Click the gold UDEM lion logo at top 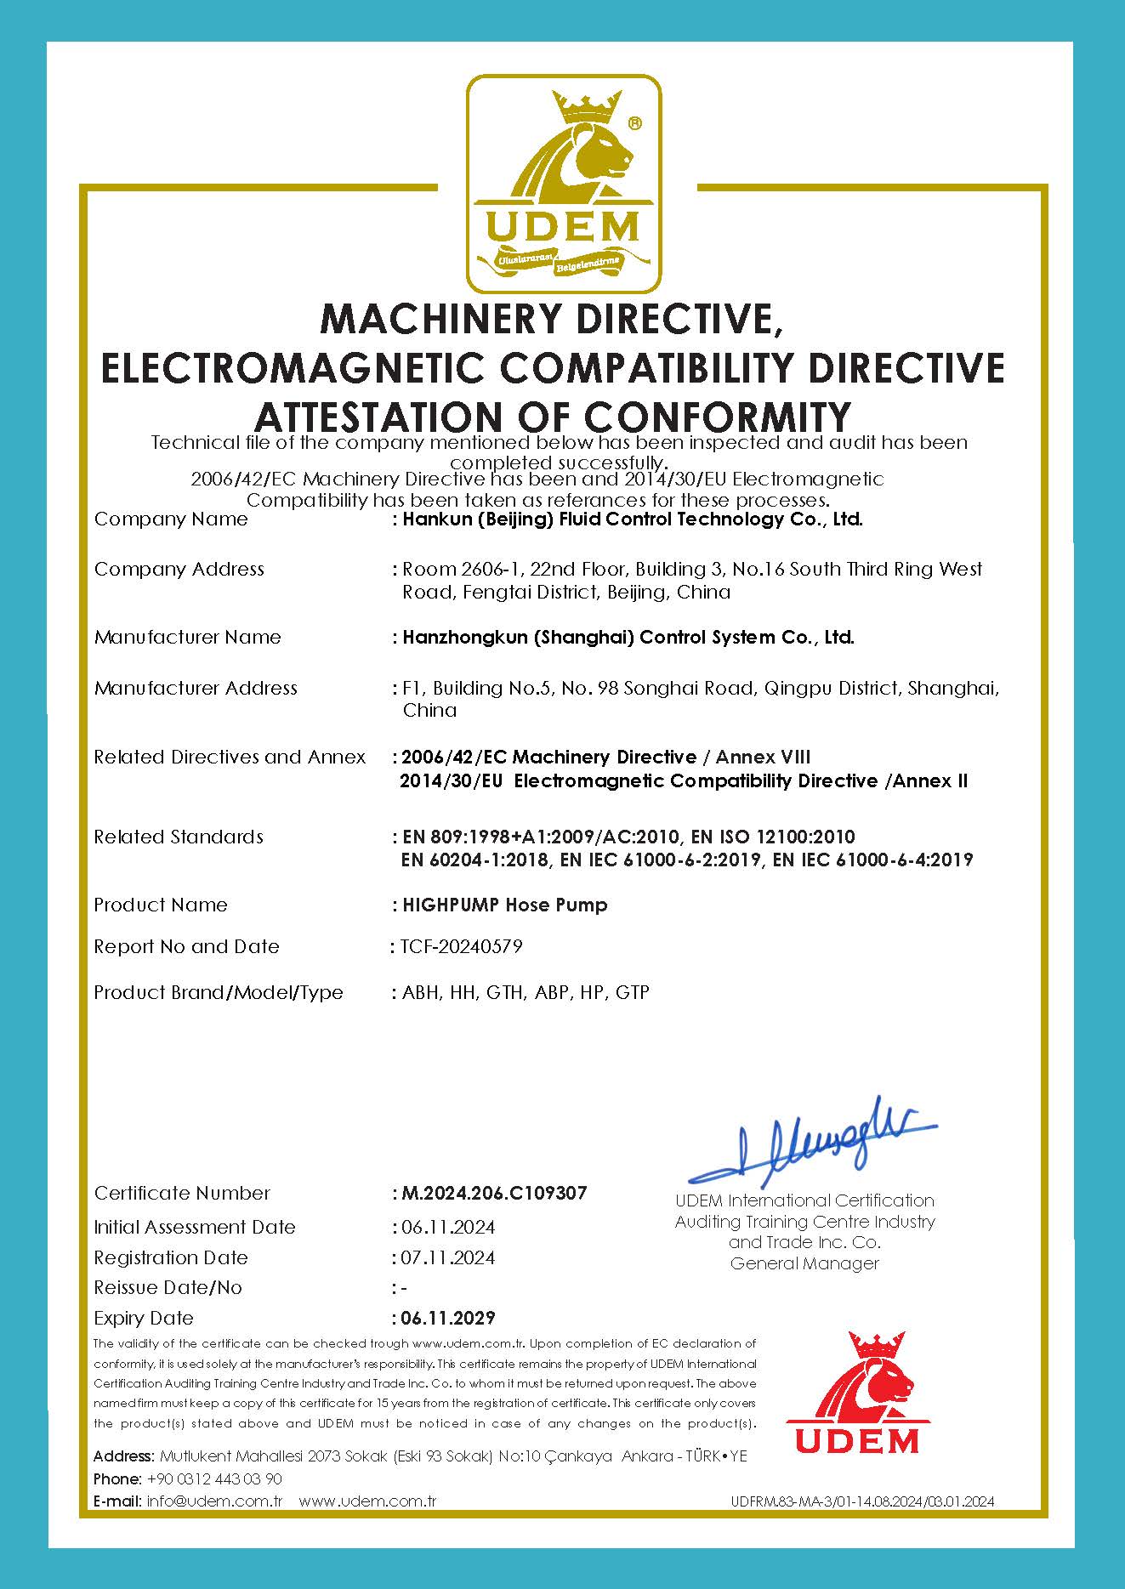(563, 183)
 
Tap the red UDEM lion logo (859, 1394)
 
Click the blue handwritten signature (812, 1144)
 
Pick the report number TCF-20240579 (461, 946)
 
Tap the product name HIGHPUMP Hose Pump (504, 905)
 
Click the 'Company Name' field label (171, 519)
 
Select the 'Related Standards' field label (179, 837)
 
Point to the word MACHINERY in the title (442, 320)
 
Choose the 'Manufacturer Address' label (196, 688)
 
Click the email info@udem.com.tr (214, 1501)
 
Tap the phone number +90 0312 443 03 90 (214, 1478)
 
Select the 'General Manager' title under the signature (804, 1263)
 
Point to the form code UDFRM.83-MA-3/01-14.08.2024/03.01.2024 (862, 1502)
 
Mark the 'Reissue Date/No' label (168, 1287)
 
